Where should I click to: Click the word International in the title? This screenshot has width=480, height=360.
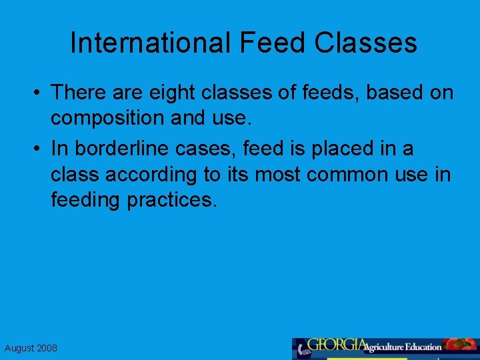point(151,43)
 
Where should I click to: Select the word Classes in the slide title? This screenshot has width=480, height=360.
point(366,43)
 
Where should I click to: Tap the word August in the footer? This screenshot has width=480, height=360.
point(19,348)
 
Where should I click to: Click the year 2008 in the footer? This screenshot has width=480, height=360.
point(47,348)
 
